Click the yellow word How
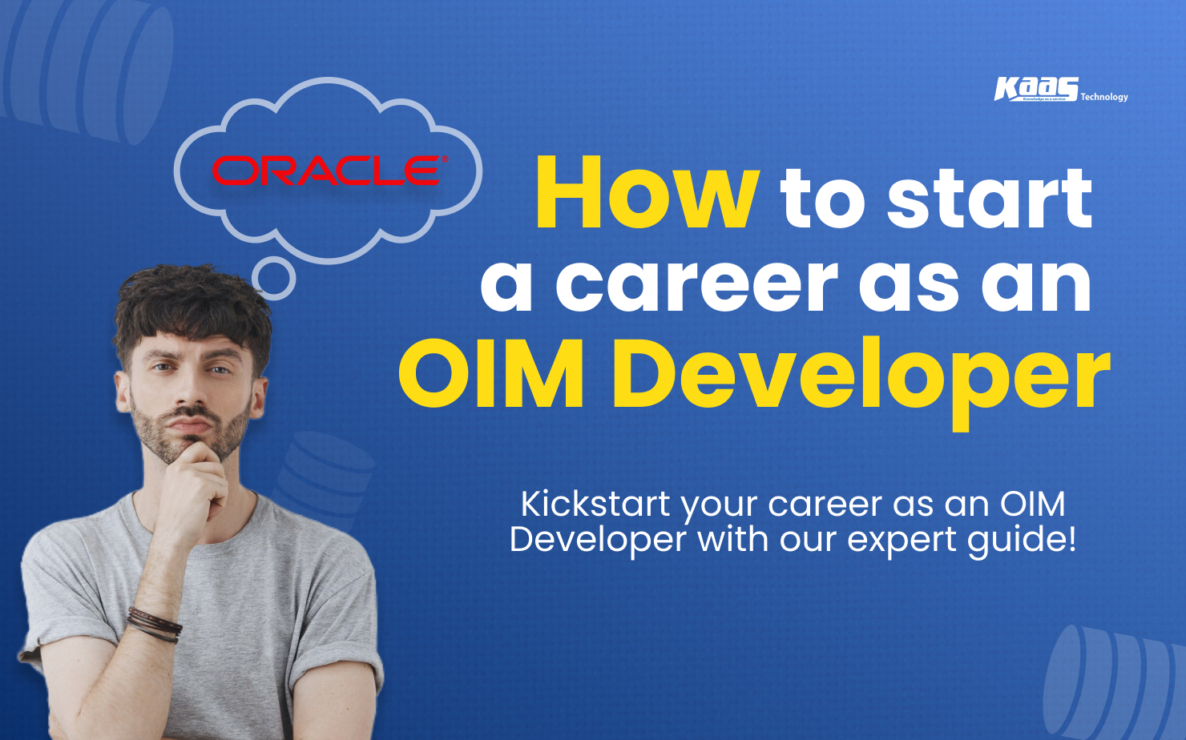[646, 195]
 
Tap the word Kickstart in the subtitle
[595, 505]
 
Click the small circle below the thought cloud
[273, 279]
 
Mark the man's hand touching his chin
[196, 481]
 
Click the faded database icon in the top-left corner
[88, 64]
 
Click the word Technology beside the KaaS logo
[1103, 97]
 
